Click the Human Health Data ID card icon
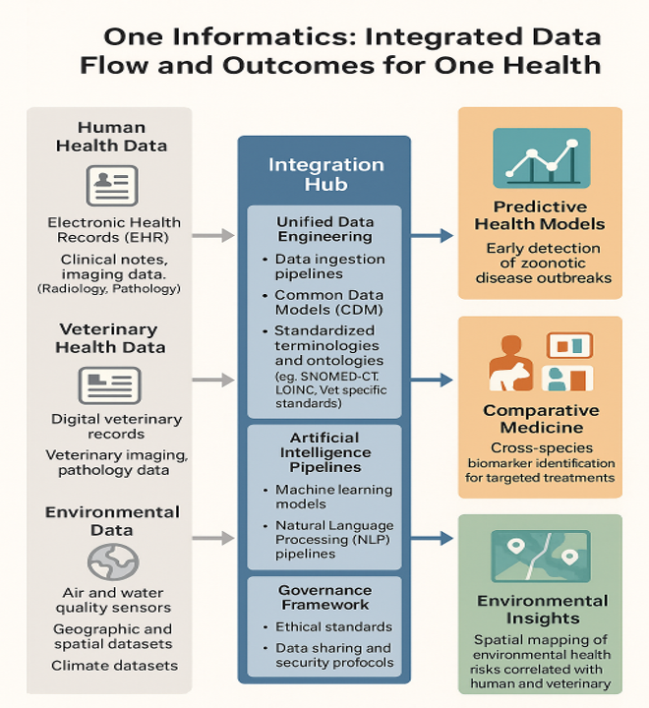(x=111, y=185)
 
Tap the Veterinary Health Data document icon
(x=109, y=383)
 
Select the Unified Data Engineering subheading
(x=324, y=229)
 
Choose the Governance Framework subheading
(x=324, y=598)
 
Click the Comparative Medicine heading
(x=540, y=419)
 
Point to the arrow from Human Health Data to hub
(x=212, y=235)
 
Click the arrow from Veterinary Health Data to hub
(x=212, y=380)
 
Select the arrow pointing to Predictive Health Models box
(x=430, y=235)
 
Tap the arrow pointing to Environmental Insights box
(x=430, y=538)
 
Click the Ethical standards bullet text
(x=332, y=626)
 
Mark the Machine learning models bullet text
(x=332, y=498)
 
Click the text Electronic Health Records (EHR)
(x=114, y=231)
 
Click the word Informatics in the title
(x=257, y=38)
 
